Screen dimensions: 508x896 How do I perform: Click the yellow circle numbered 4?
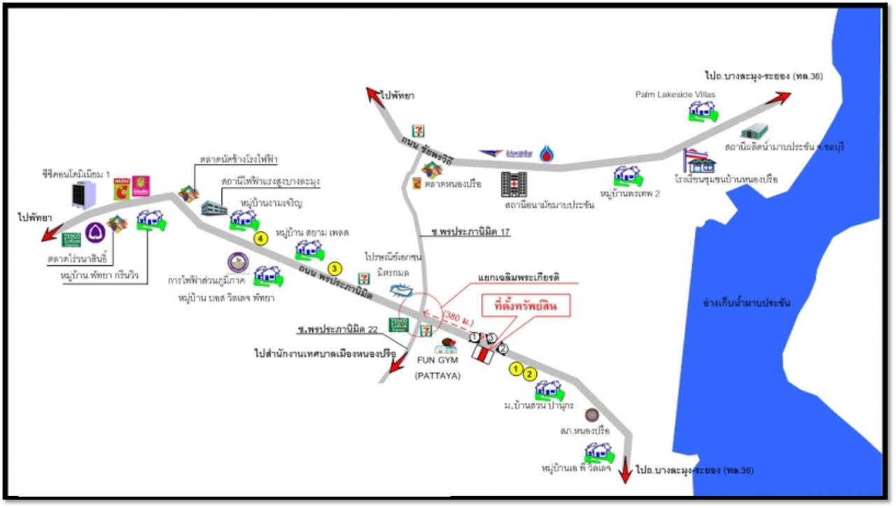pyautogui.click(x=261, y=239)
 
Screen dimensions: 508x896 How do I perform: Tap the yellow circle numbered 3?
pyautogui.click(x=335, y=268)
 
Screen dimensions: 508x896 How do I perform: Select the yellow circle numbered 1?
pyautogui.click(x=516, y=368)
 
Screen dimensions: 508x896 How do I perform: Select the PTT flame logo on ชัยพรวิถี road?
pyautogui.click(x=547, y=153)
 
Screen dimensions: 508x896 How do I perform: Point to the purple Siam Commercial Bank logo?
pyautogui.click(x=94, y=233)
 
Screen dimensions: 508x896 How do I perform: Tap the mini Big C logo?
pyautogui.click(x=122, y=188)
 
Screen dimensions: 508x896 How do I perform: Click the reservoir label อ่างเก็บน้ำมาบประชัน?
pyautogui.click(x=747, y=304)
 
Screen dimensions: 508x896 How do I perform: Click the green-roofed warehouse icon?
pyautogui.click(x=755, y=131)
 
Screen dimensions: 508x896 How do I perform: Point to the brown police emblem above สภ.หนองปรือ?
pyautogui.click(x=592, y=414)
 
